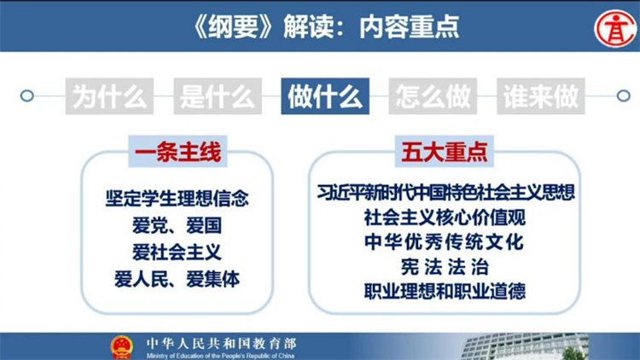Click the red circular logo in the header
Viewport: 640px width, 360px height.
615,29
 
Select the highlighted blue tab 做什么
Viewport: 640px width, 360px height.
325,96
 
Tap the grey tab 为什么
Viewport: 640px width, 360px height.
109,96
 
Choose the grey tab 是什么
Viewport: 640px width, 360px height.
218,96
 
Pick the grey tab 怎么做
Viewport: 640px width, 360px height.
433,96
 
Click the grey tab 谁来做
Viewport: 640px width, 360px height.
541,96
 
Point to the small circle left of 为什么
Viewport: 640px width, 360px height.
27,96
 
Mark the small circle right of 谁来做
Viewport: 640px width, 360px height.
623,96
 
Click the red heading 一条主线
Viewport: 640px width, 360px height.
178,152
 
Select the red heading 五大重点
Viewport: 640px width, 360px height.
444,152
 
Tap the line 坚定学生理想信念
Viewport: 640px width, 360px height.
177,199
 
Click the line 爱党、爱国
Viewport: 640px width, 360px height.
177,225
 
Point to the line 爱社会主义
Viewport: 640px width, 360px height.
177,253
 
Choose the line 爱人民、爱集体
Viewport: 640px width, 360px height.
177,279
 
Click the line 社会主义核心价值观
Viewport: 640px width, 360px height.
445,218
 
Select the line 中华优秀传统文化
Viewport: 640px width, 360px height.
444,242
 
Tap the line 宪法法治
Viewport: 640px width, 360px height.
445,267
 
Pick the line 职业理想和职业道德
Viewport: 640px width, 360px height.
445,292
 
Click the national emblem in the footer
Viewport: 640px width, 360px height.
122,347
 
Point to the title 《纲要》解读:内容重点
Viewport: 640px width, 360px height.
326,27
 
